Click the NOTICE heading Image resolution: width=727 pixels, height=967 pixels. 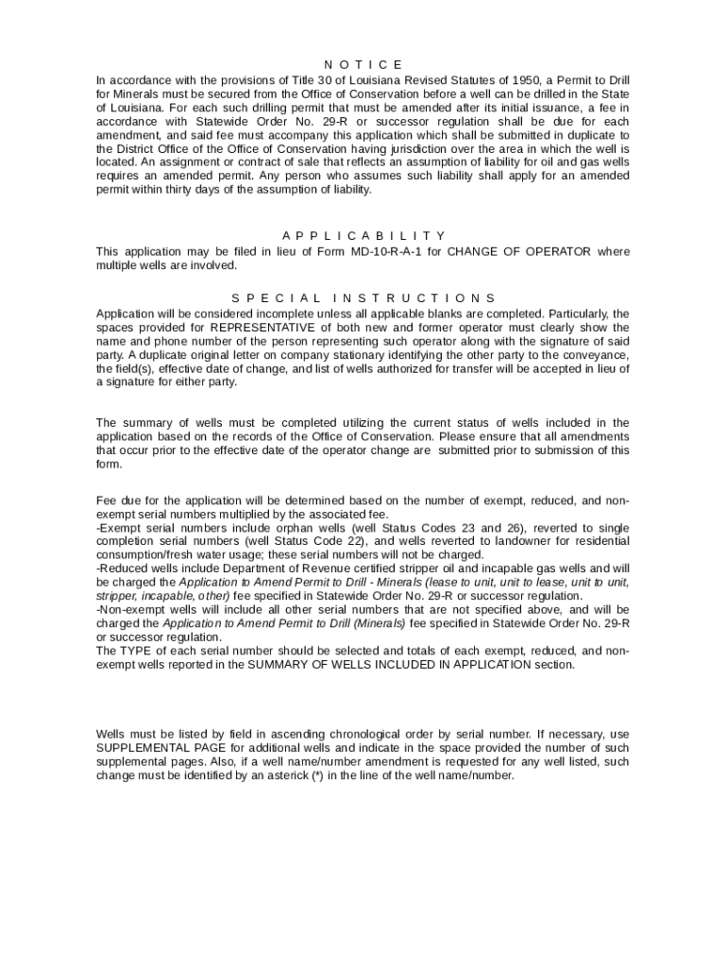[363, 64]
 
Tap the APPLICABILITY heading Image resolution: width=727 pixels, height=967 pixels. [363, 236]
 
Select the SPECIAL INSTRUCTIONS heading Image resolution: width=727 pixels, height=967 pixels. [363, 298]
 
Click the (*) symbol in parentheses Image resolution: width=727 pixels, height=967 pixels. [317, 775]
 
